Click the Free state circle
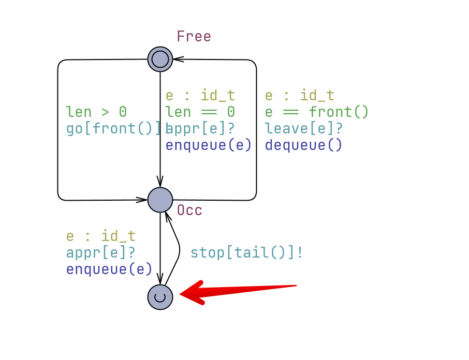[160, 59]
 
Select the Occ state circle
[160, 200]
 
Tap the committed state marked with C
[160, 297]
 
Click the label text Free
[194, 37]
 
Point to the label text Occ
[189, 211]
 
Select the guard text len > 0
[96, 112]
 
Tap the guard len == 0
[200, 112]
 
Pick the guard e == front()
[316, 112]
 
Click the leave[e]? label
[304, 128]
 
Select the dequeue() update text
[304, 145]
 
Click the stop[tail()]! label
[246, 253]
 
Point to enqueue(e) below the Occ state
[109, 269]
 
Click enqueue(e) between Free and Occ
[209, 145]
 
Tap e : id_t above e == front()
[300, 96]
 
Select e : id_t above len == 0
[200, 96]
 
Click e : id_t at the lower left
[100, 236]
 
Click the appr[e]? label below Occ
[100, 253]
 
